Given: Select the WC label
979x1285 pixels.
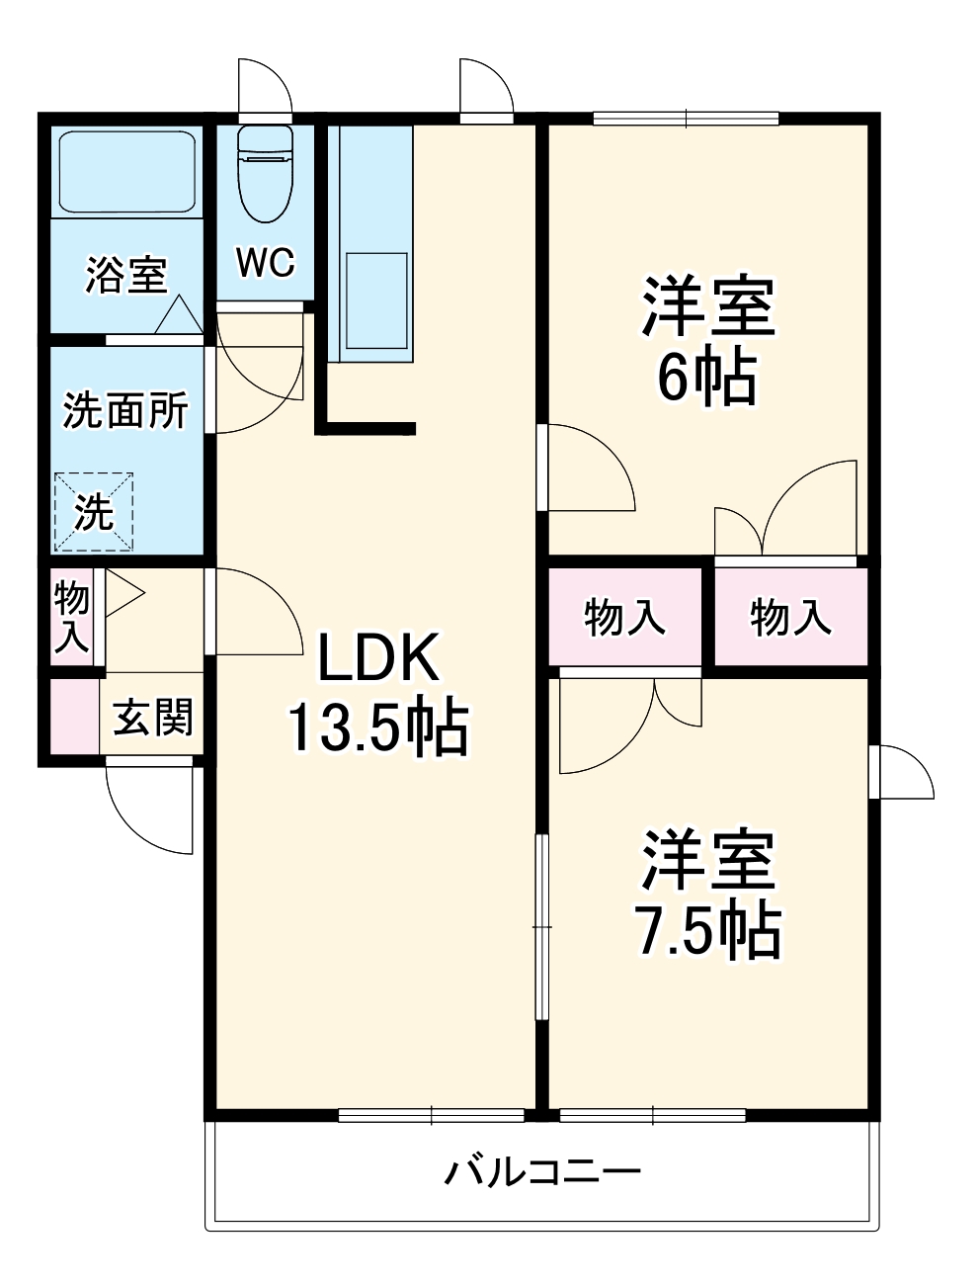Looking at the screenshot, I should point(265,263).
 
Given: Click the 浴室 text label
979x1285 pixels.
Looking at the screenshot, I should point(126,275).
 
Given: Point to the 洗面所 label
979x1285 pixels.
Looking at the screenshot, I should point(125,410).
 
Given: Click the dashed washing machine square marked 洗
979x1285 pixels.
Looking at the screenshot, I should point(94,509).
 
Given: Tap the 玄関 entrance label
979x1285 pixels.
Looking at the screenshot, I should point(153,718).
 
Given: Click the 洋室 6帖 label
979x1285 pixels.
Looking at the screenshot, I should point(708,341).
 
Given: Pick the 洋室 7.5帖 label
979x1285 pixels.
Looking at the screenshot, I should point(708,895).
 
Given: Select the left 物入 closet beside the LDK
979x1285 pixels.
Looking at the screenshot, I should point(624,618).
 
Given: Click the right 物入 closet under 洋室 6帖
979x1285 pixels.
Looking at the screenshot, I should point(790,618).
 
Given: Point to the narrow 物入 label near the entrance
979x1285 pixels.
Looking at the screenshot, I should point(71,617).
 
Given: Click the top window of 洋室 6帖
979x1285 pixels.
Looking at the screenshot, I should point(687,120).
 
